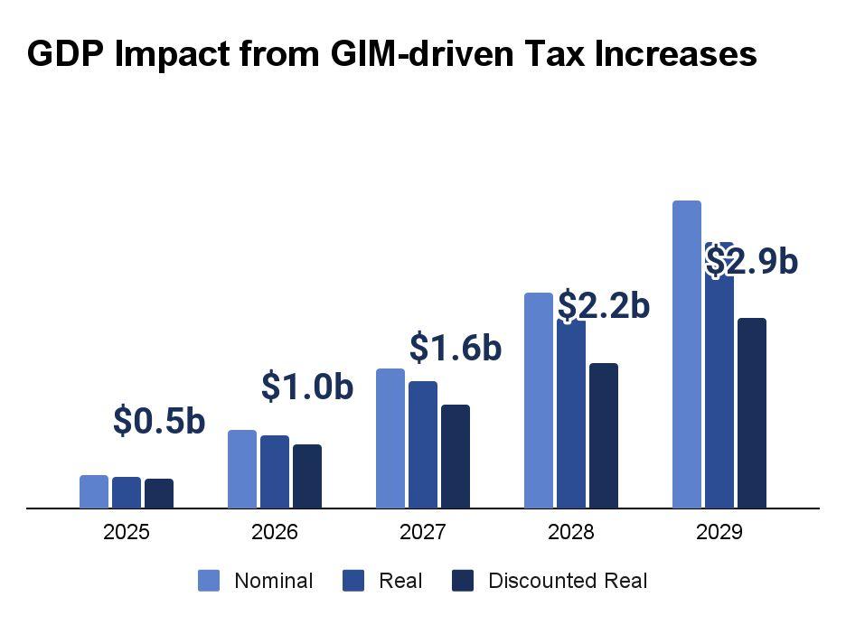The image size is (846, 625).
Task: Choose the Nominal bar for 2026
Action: (x=242, y=469)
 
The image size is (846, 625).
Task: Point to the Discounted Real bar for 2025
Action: (x=159, y=493)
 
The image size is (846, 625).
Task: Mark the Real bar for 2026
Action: (x=275, y=471)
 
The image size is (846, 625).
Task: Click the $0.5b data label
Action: (x=159, y=421)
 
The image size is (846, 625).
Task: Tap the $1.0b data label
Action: (x=307, y=386)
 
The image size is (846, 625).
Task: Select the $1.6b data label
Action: (x=456, y=348)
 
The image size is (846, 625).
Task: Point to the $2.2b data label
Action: (x=604, y=306)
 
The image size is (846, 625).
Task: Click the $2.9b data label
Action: (x=752, y=261)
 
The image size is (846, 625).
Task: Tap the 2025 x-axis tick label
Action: (x=127, y=532)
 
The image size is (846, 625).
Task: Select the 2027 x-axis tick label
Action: (x=423, y=532)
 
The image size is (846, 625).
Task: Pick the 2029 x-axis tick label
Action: (x=719, y=532)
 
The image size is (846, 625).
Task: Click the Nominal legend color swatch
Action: (x=209, y=581)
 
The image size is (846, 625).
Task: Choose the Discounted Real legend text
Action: (x=568, y=581)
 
